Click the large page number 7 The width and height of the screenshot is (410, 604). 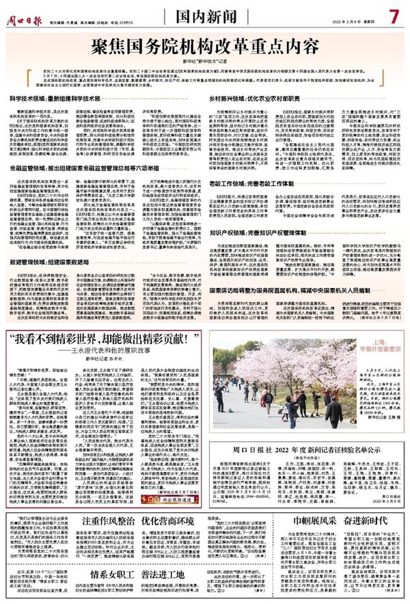pyautogui.click(x=393, y=13)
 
